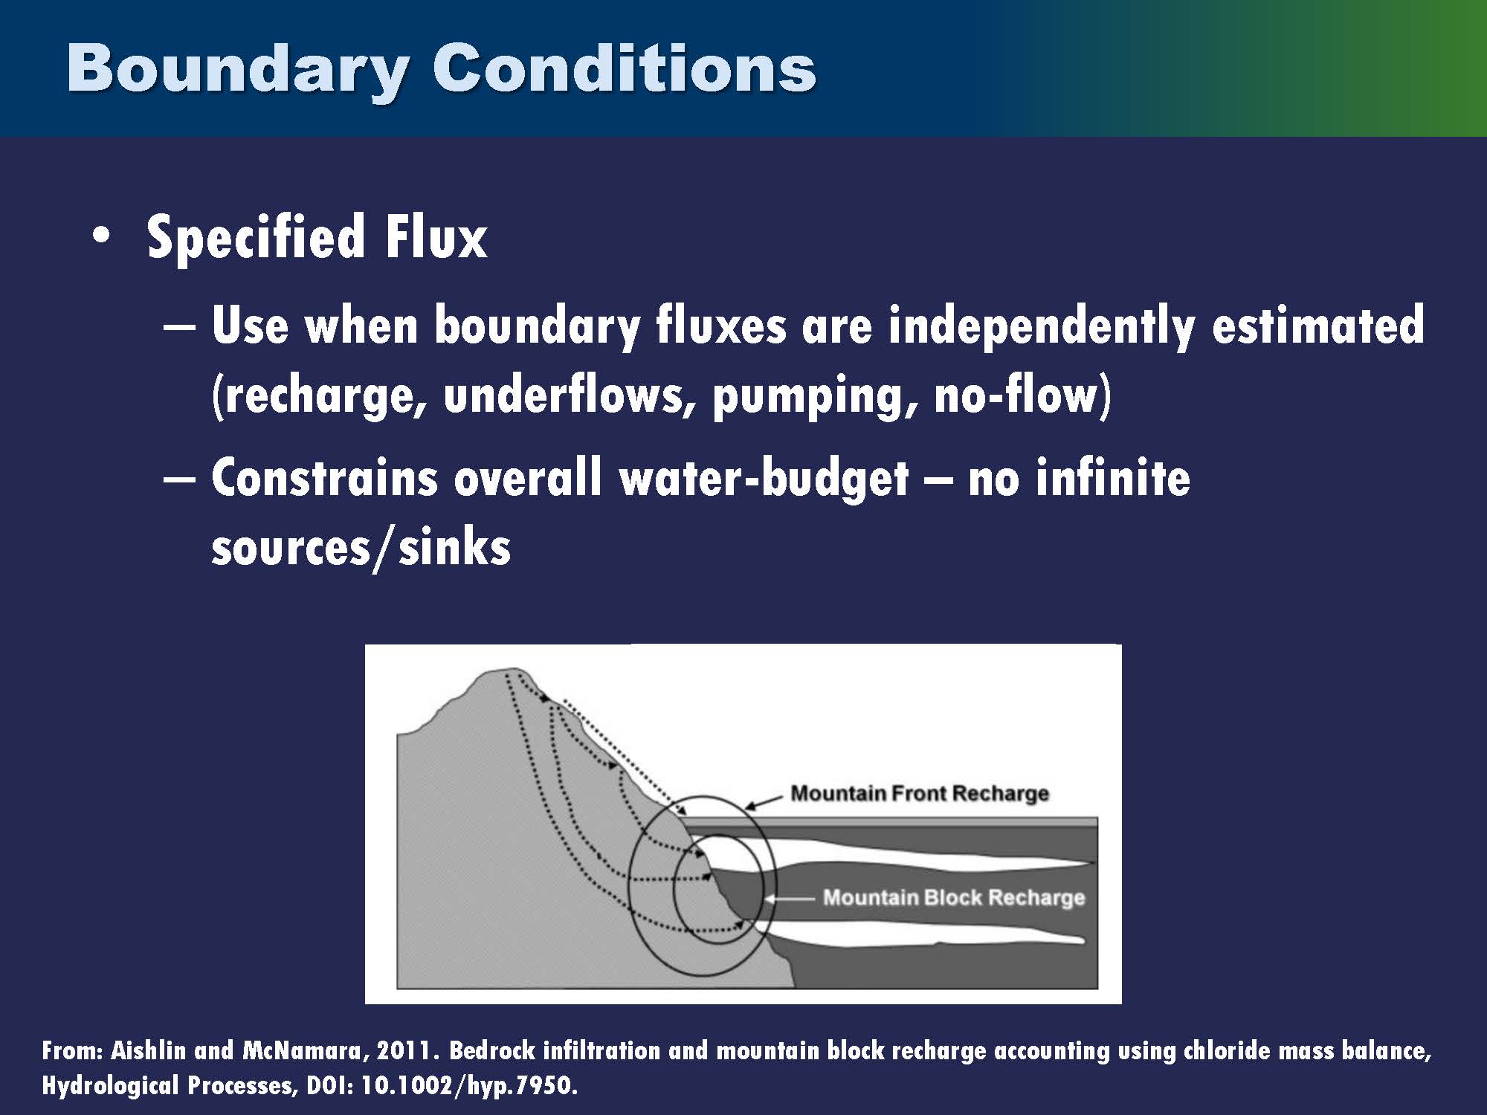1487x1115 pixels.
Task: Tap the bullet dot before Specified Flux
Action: (x=101, y=236)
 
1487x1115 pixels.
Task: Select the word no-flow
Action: (x=1017, y=395)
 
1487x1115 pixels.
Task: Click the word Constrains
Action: (x=325, y=478)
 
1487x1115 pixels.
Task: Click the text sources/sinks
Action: (x=361, y=548)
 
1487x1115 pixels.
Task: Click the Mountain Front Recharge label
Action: (x=919, y=794)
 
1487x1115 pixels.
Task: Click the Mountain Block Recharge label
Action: (x=953, y=898)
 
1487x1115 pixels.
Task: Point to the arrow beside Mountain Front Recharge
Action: (x=764, y=802)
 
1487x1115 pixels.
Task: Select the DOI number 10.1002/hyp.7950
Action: (x=468, y=1087)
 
